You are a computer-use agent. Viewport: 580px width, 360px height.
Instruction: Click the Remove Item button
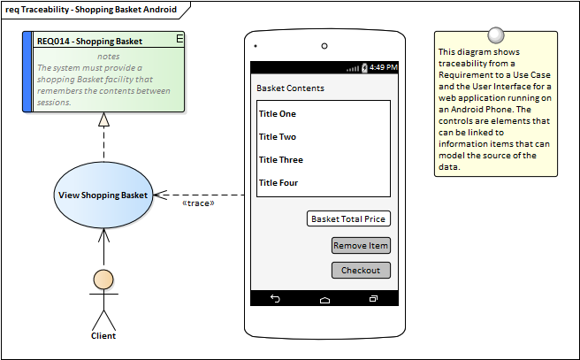click(x=361, y=246)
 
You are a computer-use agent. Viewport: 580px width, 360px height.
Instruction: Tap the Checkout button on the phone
click(x=361, y=271)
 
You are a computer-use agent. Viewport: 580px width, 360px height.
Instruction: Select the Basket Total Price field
click(x=348, y=219)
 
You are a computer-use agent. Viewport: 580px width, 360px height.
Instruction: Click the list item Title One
click(x=277, y=114)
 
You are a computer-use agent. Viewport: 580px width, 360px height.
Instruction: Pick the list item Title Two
click(x=277, y=137)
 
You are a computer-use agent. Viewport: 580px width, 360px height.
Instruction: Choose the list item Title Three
click(x=280, y=160)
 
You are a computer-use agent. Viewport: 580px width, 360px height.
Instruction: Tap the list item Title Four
click(x=278, y=183)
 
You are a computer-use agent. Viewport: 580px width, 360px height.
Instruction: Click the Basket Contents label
click(x=290, y=88)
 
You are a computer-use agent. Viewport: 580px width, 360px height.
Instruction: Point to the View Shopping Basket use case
click(x=103, y=195)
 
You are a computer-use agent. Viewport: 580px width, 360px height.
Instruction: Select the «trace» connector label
click(x=198, y=203)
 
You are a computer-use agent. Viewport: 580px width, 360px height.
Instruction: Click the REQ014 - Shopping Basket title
click(x=89, y=41)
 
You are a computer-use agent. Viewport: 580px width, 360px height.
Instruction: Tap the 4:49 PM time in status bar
click(x=383, y=67)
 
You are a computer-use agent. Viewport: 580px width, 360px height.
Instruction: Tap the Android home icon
click(x=324, y=299)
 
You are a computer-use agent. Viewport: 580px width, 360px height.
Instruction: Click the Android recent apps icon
click(x=373, y=299)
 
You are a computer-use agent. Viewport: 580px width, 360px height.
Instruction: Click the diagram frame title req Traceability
click(x=91, y=10)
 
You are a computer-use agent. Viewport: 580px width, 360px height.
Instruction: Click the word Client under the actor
click(x=103, y=335)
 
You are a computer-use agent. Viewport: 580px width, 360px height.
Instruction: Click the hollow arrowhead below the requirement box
click(x=103, y=119)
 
